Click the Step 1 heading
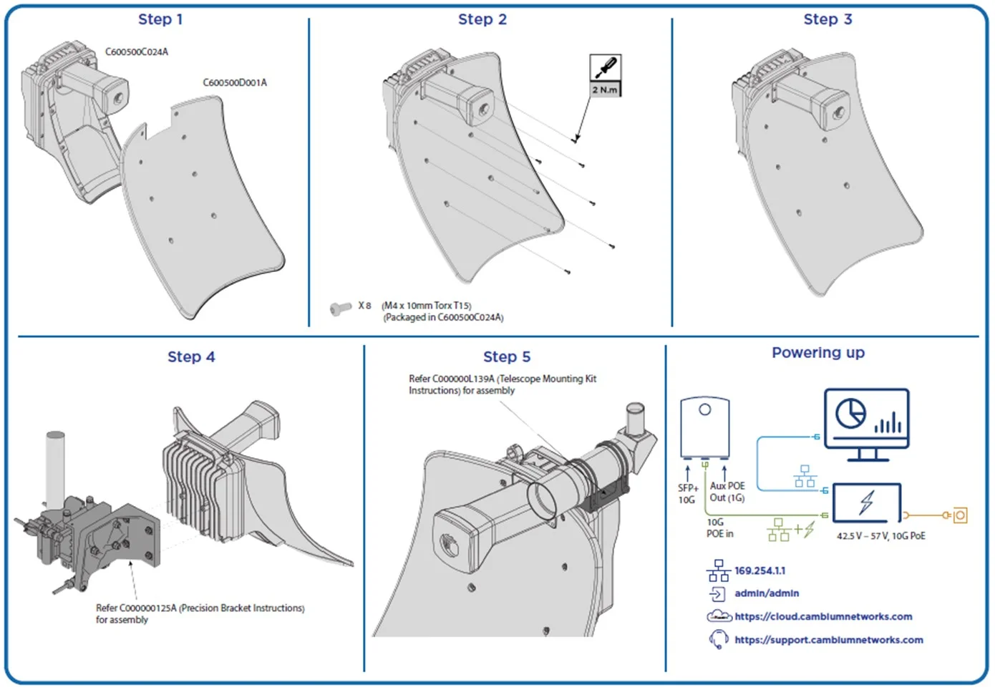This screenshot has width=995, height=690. click(x=160, y=19)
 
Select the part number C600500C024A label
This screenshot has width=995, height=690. click(x=136, y=52)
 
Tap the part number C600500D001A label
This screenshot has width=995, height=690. click(x=234, y=82)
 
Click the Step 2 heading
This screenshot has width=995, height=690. click(x=482, y=19)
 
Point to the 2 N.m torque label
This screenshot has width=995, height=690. click(x=605, y=89)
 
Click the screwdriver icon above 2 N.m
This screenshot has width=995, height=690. click(x=605, y=68)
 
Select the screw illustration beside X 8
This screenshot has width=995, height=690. click(x=340, y=308)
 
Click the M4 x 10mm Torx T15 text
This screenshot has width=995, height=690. click(x=427, y=306)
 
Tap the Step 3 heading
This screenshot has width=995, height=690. click(x=827, y=19)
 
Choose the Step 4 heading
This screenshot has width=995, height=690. click(x=190, y=356)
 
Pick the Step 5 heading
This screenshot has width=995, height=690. click(x=507, y=356)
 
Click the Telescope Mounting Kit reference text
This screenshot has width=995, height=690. click(x=502, y=384)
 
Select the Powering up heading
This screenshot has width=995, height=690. click(x=817, y=352)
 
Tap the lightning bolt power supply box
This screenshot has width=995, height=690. click(x=867, y=502)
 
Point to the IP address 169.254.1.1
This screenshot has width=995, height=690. click(x=759, y=570)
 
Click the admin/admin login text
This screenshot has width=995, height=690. click(x=767, y=593)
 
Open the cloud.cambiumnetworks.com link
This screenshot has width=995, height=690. click(x=823, y=616)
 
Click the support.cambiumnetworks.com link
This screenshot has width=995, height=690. click(x=828, y=639)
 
